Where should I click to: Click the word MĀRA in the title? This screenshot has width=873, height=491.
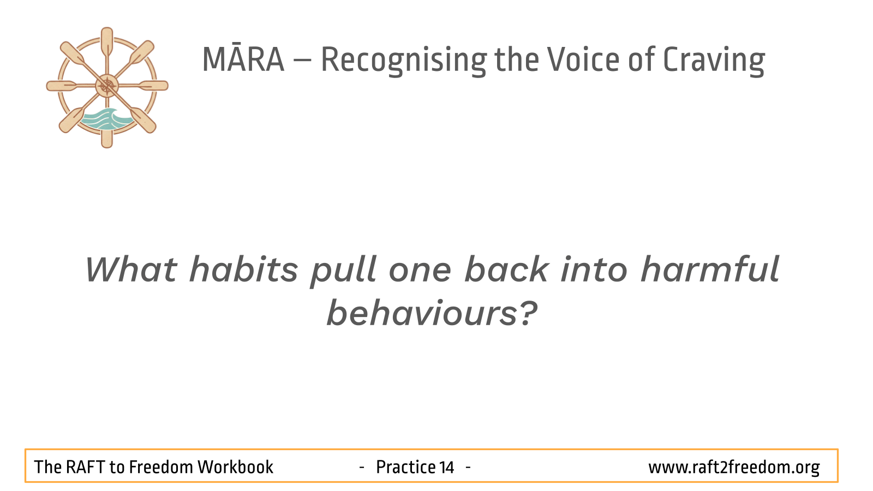tap(243, 59)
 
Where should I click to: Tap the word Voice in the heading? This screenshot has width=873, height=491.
tap(583, 59)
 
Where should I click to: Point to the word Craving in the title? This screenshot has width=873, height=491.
tap(714, 61)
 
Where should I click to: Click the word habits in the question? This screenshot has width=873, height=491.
tap(243, 269)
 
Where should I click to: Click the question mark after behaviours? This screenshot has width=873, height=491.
tap(529, 313)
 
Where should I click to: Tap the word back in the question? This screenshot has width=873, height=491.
tap(507, 268)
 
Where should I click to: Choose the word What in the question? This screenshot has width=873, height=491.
tap(131, 269)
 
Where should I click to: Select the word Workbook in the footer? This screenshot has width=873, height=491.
tap(235, 467)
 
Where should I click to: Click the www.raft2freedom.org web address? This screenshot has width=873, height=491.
tap(734, 468)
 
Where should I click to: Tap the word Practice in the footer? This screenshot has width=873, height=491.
tap(405, 467)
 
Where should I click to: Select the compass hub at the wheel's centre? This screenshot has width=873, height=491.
tap(107, 86)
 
